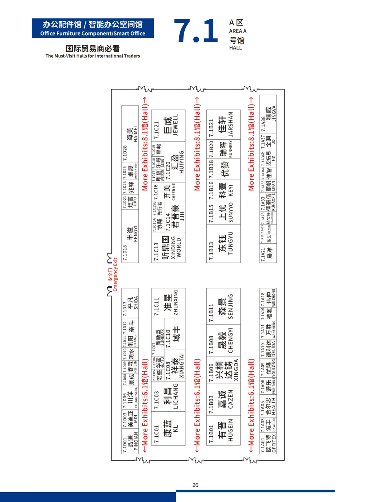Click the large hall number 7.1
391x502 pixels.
[196, 31]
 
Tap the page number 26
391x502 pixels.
[195, 485]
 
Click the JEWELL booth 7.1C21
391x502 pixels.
[168, 126]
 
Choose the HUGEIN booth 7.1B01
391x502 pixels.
[223, 430]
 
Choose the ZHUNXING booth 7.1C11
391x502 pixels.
[168, 303]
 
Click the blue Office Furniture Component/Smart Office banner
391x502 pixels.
[93, 28]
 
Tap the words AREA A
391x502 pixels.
[237, 31]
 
